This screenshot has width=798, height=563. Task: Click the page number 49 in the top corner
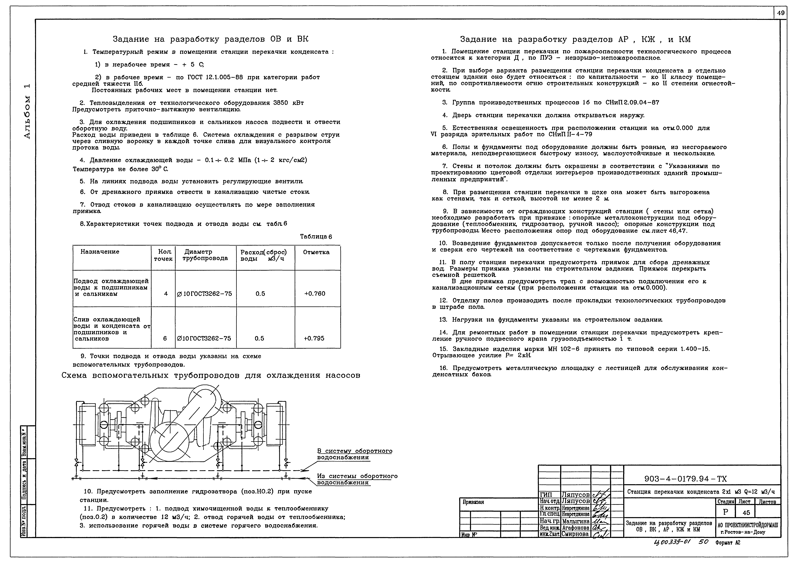click(781, 13)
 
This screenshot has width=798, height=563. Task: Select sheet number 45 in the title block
click(746, 513)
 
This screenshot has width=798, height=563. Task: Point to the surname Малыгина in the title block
click(576, 521)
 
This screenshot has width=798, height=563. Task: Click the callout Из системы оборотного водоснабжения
click(357, 479)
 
